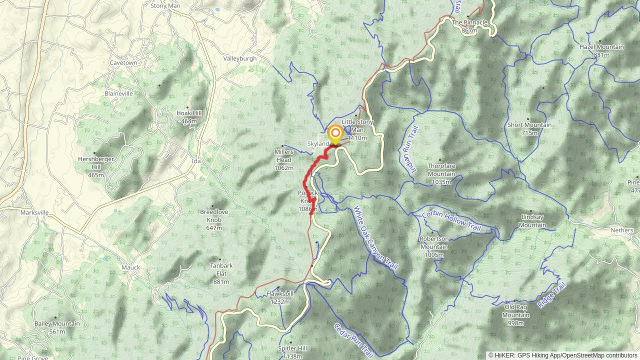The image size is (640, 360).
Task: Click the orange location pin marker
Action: [335, 134]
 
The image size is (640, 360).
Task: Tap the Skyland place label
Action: [318, 144]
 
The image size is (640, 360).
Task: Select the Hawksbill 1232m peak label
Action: [280, 298]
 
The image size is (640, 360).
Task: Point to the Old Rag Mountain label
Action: [516, 315]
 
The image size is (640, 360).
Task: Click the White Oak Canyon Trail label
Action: [376, 238]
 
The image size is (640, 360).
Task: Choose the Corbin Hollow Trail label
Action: [451, 221]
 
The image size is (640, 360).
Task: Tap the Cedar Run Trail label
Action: [353, 340]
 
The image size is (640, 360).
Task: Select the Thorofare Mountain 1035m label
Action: [441, 174]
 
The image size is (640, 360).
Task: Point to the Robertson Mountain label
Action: [434, 247]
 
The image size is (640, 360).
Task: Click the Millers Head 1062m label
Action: [284, 160]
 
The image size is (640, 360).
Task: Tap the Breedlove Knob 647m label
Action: [214, 220]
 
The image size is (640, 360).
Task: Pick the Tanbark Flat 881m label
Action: [221, 273]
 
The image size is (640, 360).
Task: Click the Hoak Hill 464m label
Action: [189, 117]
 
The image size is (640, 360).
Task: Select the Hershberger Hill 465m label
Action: [96, 167]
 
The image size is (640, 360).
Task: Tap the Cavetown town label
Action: [123, 63]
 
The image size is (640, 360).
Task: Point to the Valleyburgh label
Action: [240, 59]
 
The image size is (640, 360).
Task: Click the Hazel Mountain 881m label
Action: [601, 51]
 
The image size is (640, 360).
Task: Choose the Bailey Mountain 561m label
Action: [57, 327]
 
